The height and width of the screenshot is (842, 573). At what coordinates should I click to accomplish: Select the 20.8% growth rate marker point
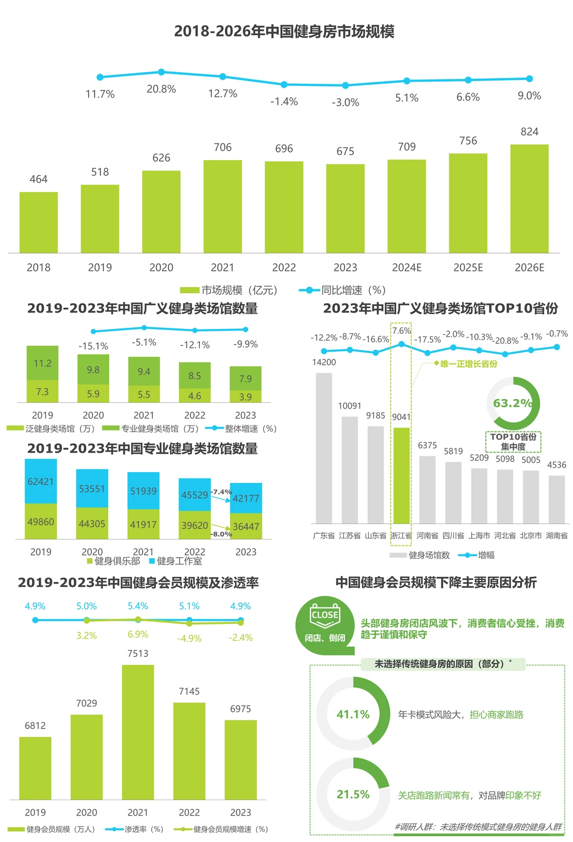coord(161,72)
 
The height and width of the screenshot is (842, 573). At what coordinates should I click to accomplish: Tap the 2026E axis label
coord(529,267)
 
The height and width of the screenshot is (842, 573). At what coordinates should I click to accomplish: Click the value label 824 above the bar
coord(529,132)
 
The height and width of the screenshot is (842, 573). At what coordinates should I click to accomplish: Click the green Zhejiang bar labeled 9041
coord(402,475)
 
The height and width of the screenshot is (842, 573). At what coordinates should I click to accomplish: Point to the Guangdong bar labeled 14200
coord(324,448)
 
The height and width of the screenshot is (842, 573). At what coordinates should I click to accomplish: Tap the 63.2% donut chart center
coord(513,403)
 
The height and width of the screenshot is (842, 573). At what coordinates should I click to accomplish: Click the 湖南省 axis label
coord(557,535)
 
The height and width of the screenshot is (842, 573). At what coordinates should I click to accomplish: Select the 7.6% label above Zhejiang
coord(402,331)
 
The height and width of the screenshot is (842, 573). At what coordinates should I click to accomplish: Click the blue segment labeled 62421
coord(41,481)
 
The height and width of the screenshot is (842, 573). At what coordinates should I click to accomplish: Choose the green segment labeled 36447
coord(246,526)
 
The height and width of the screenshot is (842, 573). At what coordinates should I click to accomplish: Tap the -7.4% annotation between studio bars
coord(221,492)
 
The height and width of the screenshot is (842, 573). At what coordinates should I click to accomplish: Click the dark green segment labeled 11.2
coord(42,363)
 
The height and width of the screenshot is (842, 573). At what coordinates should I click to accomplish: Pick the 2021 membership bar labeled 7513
coord(138,732)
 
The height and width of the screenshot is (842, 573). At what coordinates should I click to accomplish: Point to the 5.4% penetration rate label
coord(138,606)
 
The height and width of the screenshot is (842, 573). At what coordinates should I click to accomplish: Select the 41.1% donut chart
coord(353,714)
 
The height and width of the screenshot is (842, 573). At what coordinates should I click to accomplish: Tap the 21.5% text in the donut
coord(353,794)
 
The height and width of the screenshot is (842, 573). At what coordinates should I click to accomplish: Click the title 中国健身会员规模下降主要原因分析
coord(436,583)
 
